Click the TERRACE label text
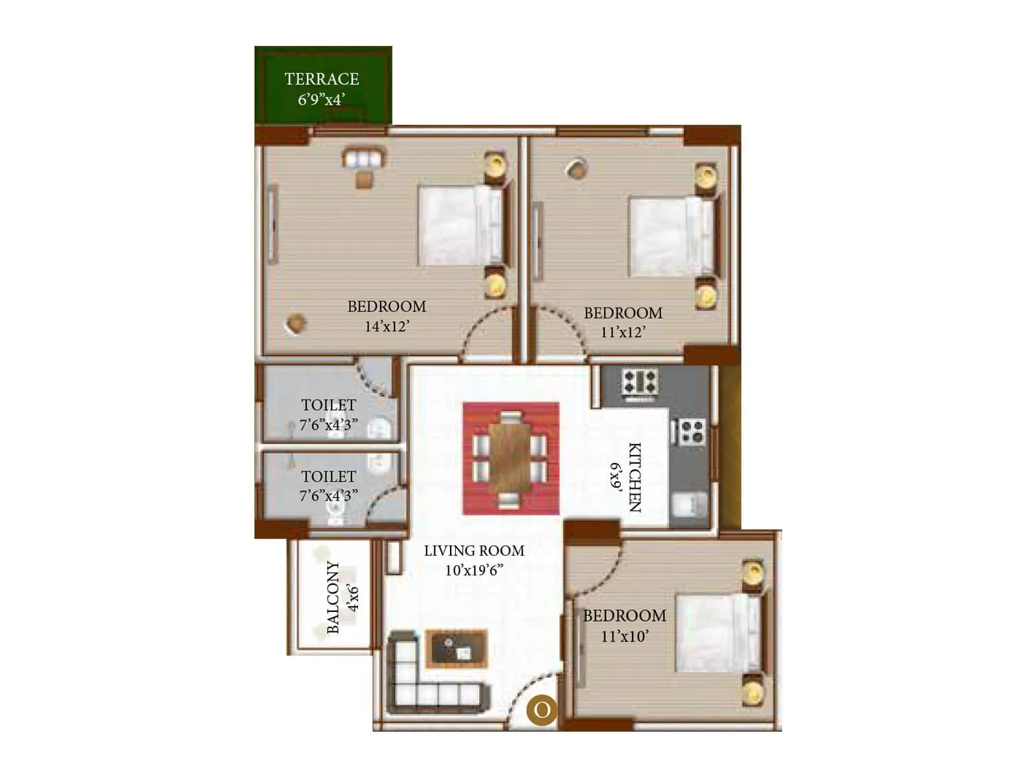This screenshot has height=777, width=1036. (x=321, y=79)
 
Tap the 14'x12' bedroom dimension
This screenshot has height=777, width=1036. (x=387, y=326)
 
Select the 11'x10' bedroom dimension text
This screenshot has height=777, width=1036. (x=624, y=636)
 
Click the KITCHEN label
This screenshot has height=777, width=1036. (x=635, y=477)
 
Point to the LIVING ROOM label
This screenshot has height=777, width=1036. (x=474, y=551)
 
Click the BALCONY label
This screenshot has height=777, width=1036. (x=333, y=597)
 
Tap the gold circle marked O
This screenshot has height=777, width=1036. (x=541, y=710)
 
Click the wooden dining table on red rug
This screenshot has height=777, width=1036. (x=510, y=458)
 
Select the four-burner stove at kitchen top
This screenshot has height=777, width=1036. (x=639, y=382)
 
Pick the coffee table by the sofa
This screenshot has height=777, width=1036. (x=456, y=648)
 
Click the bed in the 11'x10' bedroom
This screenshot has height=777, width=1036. (x=717, y=632)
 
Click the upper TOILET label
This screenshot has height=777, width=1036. (x=328, y=405)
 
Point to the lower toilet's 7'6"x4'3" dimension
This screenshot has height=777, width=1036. (x=328, y=496)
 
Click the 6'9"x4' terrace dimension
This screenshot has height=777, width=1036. (x=321, y=100)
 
